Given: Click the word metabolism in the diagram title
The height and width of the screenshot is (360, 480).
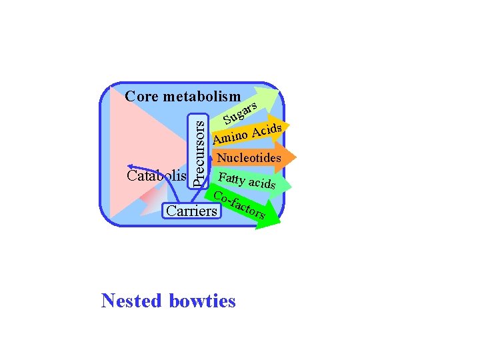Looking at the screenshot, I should pyautogui.click(x=201, y=97).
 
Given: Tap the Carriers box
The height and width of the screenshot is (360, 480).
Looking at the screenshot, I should pyautogui.click(x=191, y=211).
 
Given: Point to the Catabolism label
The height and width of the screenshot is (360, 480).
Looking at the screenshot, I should pyautogui.click(x=156, y=176).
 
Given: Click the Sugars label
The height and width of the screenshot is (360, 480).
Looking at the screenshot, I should pyautogui.click(x=241, y=113).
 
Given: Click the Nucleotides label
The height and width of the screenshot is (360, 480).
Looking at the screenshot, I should pyautogui.click(x=249, y=159).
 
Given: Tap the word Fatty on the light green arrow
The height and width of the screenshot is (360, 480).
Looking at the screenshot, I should pyautogui.click(x=231, y=179).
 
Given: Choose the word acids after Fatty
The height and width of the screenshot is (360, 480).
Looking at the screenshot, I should pyautogui.click(x=262, y=182).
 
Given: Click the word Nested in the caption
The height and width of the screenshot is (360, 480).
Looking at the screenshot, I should pyautogui.click(x=131, y=301).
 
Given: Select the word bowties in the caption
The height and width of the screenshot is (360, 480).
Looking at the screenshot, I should pyautogui.click(x=202, y=301).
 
